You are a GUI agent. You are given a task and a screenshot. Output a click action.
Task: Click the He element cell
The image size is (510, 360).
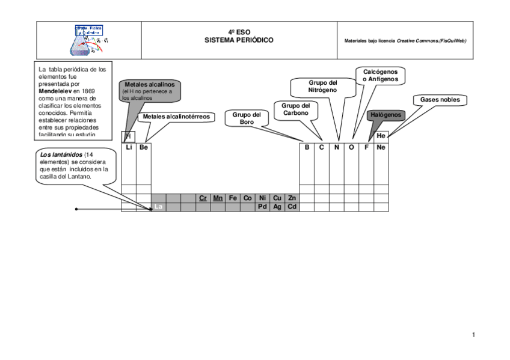[x=381, y=136]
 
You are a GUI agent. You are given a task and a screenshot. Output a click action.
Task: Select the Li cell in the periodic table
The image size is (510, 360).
[x=129, y=147]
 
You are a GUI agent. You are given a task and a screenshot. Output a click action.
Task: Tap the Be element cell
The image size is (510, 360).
[x=144, y=147]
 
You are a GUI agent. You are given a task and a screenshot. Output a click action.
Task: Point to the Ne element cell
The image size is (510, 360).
[x=381, y=147]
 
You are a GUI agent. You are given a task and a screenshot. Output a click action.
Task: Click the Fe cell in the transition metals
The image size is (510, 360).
[x=233, y=198]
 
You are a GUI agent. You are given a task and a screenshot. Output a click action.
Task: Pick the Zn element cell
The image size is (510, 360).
[x=292, y=198]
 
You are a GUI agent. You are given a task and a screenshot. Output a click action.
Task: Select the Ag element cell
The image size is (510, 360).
[x=277, y=207]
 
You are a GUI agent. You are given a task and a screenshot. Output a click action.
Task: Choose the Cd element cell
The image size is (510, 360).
[x=292, y=207]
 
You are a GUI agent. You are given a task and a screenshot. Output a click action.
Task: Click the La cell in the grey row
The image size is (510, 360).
[x=159, y=207]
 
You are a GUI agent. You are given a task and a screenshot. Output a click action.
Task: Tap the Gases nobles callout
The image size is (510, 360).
[x=440, y=100]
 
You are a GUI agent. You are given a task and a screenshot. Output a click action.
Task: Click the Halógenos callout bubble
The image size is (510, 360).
[x=386, y=115]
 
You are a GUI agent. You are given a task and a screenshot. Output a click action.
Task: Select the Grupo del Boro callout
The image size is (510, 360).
[x=247, y=118]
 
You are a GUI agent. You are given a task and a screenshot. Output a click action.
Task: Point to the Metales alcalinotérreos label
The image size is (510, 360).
[x=176, y=117]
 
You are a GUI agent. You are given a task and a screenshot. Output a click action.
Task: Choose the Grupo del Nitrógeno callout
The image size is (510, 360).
[x=323, y=87]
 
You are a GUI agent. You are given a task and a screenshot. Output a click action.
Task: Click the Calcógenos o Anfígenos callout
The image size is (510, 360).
[x=380, y=76]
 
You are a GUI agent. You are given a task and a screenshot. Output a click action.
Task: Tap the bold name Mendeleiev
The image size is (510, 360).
[x=55, y=91]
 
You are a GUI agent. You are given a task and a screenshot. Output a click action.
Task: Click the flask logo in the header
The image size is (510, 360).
[x=88, y=41]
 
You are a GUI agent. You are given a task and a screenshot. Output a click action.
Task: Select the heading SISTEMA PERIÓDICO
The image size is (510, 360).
[x=239, y=40]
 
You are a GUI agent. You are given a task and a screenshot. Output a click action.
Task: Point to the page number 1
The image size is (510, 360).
[x=473, y=335]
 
